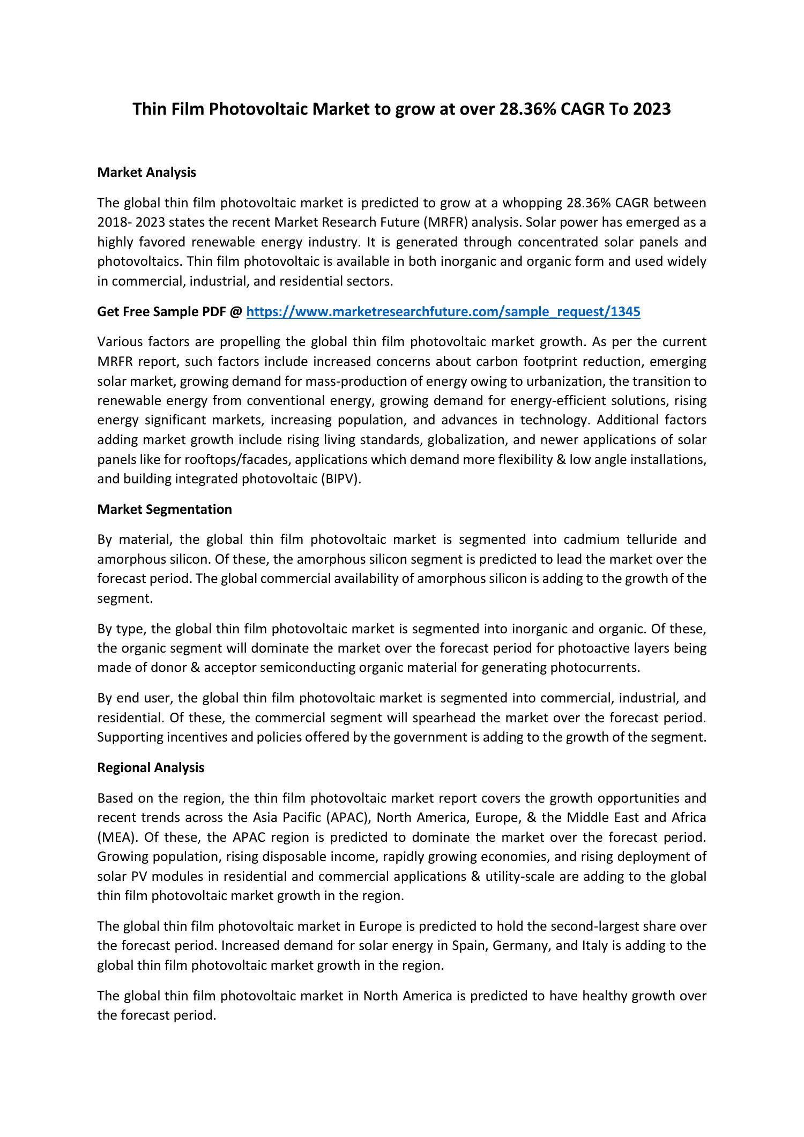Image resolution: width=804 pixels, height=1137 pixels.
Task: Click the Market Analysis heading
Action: tap(146, 173)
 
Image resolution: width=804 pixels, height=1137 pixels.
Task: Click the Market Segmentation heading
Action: tap(165, 509)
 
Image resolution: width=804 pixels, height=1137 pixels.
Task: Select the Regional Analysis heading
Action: tap(151, 767)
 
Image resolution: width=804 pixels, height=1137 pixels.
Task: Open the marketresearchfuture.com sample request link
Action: tap(443, 311)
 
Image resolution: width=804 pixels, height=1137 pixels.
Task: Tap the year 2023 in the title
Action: tap(651, 109)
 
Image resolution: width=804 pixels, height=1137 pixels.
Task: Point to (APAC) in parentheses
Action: tap(348, 818)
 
